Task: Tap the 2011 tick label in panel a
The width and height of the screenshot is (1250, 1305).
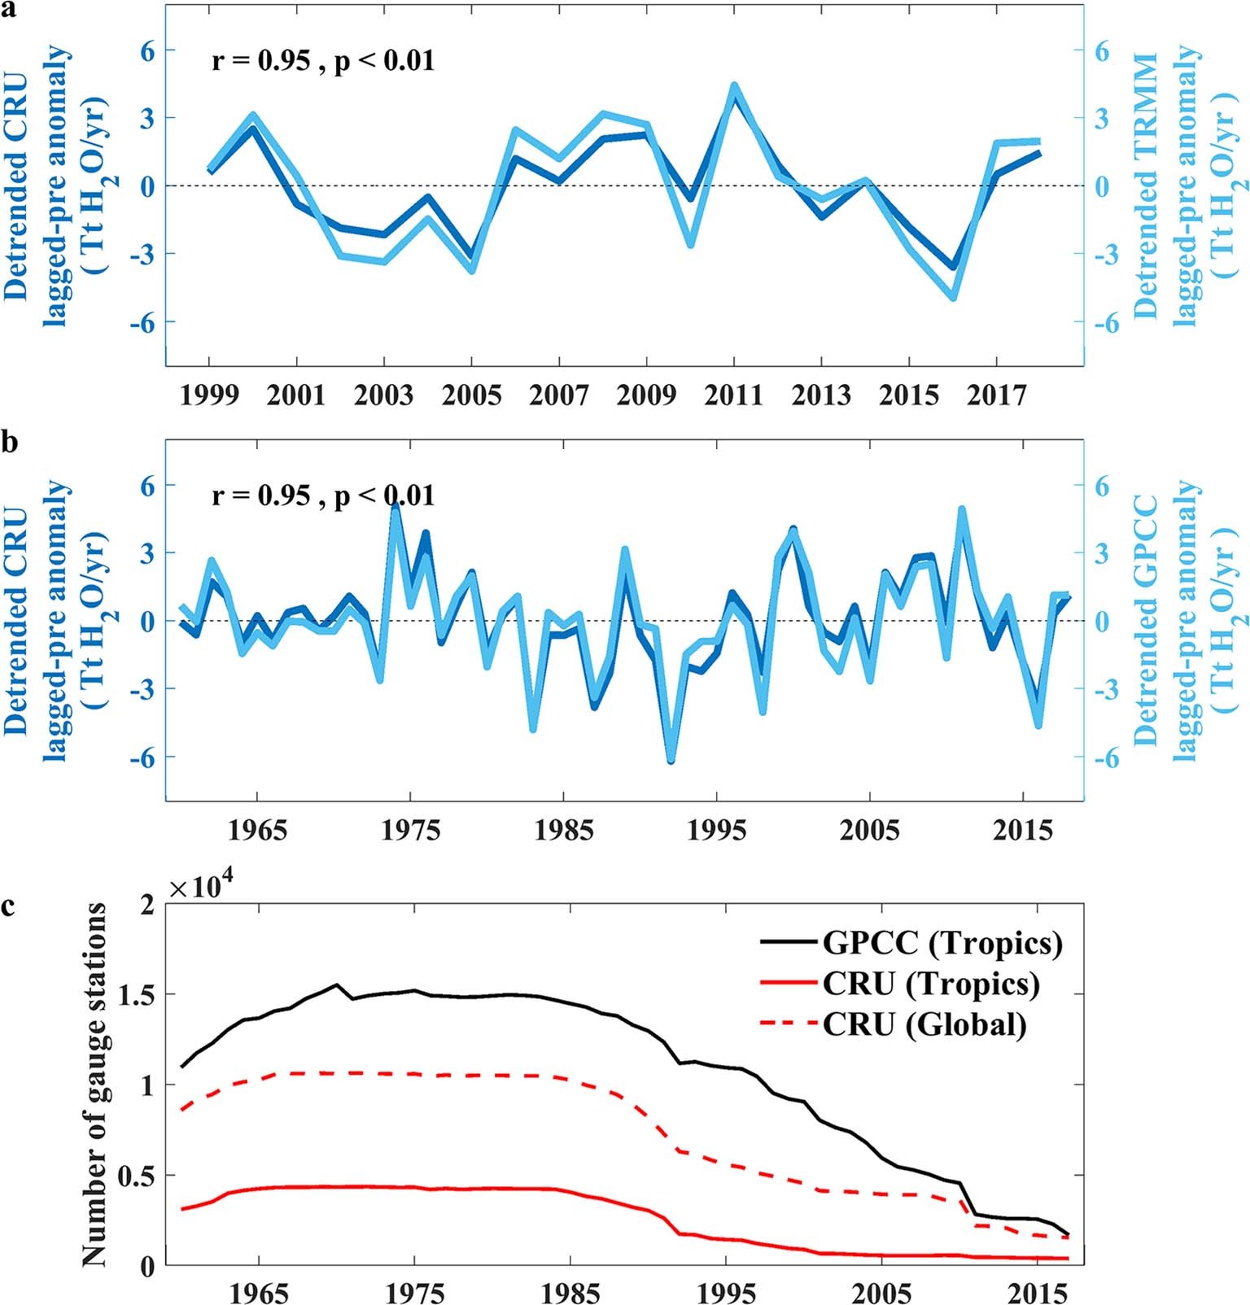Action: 733,396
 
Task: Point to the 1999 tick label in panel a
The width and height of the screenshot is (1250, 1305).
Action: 209,396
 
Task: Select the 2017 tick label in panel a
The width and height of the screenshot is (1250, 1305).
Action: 997,396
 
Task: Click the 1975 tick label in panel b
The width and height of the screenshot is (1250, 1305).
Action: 411,831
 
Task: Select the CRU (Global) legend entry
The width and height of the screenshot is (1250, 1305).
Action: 924,1023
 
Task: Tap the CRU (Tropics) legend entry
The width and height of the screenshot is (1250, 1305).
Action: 930,983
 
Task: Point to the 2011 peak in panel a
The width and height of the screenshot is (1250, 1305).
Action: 733,86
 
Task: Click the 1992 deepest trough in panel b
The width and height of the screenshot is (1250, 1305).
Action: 671,760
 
